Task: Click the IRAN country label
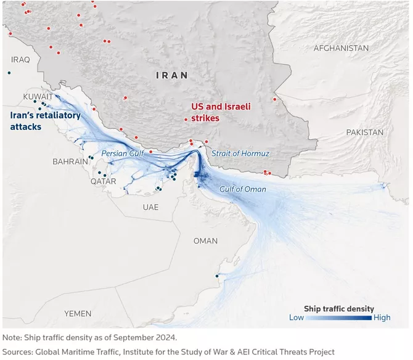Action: (172, 75)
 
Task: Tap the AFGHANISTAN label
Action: (341, 48)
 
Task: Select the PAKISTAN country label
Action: (364, 133)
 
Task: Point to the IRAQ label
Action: (20, 59)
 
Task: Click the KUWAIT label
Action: (38, 97)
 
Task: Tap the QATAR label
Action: (103, 182)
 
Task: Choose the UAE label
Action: (150, 208)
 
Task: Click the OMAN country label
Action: (205, 241)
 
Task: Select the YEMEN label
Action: (78, 314)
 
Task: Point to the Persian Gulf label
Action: (123, 153)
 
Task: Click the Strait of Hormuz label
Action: (240, 153)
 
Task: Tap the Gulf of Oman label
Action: (243, 189)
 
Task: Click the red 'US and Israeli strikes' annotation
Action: (221, 112)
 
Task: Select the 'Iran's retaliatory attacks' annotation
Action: (45, 121)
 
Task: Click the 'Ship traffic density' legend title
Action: (338, 308)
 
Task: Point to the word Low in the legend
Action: (296, 318)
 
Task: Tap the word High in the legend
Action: (382, 318)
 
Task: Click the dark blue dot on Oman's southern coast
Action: (217, 276)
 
